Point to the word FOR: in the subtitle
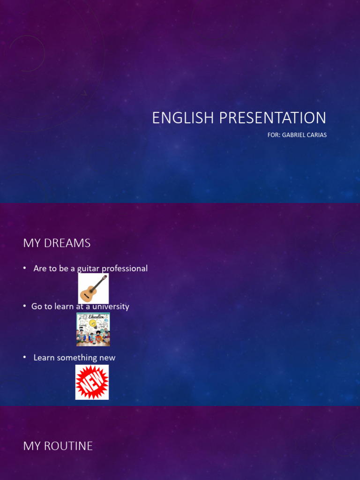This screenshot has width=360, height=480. tap(274, 135)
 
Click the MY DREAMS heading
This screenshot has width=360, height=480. tap(57, 243)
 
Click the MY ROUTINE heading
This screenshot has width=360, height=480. tap(58, 446)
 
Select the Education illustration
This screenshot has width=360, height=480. tap(93, 330)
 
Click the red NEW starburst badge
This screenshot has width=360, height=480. tap(92, 382)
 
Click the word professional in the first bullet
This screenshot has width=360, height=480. tap(125, 269)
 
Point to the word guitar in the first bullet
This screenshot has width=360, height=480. tap(88, 269)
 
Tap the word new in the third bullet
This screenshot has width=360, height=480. tap(107, 358)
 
